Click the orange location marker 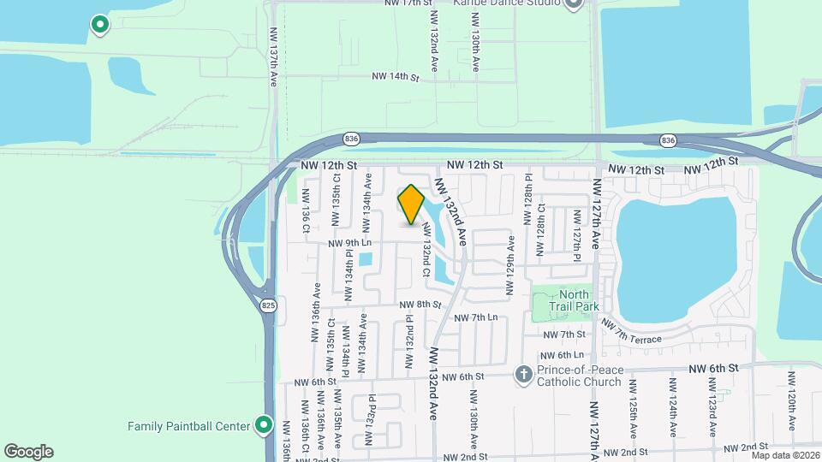point(412,205)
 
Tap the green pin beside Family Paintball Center point(264,425)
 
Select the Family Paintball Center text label point(188,425)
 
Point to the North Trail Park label point(578,300)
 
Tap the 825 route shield point(269,305)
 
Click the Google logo point(28,452)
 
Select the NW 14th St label point(395,77)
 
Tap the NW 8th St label point(420,305)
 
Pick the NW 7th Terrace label point(631,333)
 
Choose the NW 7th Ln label point(475,317)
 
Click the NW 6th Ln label point(563,354)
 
